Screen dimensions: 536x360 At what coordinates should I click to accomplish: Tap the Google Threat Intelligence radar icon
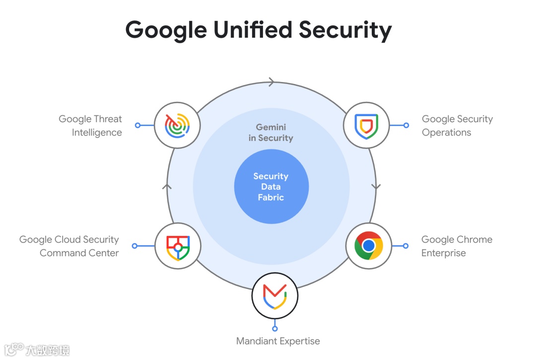[177, 125]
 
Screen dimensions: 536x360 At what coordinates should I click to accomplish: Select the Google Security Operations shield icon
[367, 125]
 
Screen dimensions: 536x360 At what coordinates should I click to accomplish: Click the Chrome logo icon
[368, 246]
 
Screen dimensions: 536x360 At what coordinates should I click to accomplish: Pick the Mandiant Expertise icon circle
[274, 295]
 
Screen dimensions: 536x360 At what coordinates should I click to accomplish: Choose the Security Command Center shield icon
[177, 246]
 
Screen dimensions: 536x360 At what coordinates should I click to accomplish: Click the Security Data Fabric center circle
[271, 187]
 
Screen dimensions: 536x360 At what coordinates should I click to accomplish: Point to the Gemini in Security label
[270, 133]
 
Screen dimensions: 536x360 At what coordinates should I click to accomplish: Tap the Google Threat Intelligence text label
[90, 126]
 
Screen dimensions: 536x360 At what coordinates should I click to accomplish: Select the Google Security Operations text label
[457, 126]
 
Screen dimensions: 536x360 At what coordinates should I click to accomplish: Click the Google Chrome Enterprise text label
[457, 246]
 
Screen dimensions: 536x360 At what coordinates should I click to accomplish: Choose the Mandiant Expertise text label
[278, 341]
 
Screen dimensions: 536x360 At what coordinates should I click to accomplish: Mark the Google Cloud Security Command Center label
[69, 246]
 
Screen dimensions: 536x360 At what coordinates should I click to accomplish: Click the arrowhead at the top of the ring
[271, 82]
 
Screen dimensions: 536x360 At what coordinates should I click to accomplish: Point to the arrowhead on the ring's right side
[376, 187]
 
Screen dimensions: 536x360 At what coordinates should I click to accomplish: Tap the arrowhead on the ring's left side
[167, 187]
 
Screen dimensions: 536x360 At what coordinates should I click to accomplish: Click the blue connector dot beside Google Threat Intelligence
[138, 125]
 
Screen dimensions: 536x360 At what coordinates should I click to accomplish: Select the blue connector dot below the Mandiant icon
[274, 328]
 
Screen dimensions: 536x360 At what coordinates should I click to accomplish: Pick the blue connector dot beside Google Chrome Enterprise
[405, 246]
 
